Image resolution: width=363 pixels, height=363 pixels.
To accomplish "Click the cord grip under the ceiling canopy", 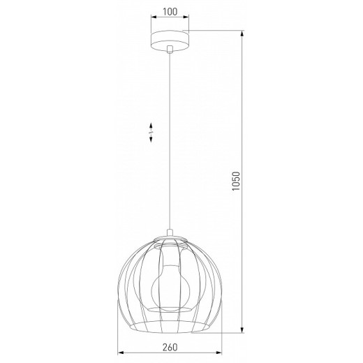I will (x=171, y=50).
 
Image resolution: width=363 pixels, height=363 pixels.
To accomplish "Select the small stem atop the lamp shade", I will (x=171, y=234).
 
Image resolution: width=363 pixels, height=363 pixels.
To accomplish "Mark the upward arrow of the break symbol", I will (x=151, y=127).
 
